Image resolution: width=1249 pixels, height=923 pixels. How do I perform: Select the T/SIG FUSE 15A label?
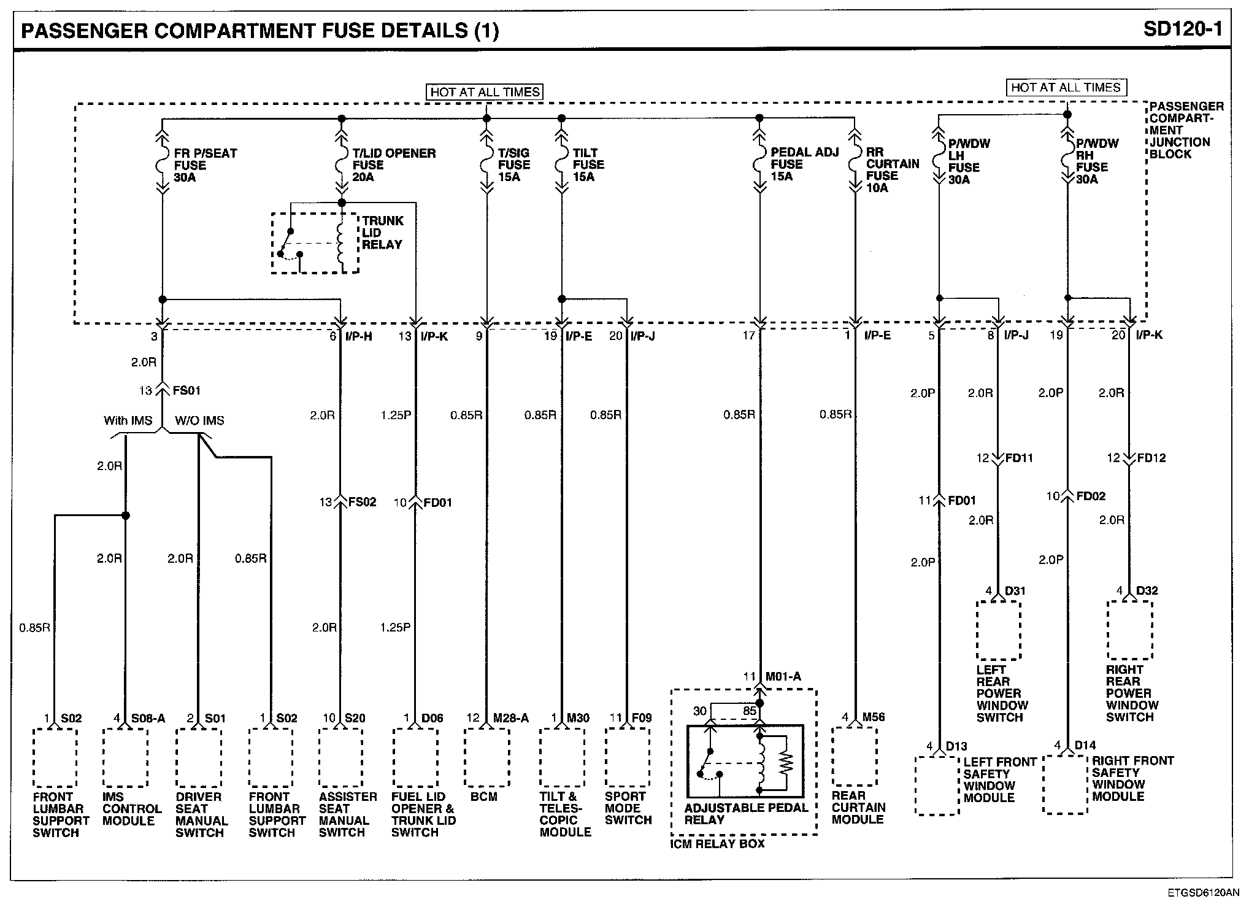(x=513, y=164)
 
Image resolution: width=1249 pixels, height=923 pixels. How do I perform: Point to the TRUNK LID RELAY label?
(x=382, y=233)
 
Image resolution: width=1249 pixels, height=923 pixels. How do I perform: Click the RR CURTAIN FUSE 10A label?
(x=892, y=170)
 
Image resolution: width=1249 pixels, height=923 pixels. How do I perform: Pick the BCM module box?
(x=487, y=757)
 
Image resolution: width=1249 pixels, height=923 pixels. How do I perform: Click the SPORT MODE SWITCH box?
(x=627, y=757)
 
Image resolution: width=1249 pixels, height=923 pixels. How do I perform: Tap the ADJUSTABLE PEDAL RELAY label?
(x=746, y=814)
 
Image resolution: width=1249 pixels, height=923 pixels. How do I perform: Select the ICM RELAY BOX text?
(x=717, y=844)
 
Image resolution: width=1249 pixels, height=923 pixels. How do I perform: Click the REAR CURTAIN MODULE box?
(x=854, y=756)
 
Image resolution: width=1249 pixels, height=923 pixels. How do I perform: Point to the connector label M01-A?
(x=783, y=677)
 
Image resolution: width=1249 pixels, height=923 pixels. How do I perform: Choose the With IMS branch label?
(x=128, y=420)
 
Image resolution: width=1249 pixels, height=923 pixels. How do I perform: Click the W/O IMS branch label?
(x=199, y=420)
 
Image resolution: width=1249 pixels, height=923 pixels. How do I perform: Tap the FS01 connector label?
(x=186, y=390)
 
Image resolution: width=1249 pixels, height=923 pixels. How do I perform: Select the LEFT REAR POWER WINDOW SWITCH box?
(x=999, y=630)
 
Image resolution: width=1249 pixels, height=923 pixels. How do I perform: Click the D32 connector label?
(x=1147, y=591)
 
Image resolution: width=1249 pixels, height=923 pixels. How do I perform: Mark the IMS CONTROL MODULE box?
(x=125, y=758)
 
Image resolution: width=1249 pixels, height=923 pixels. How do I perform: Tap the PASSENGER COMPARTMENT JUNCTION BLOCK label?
(x=1186, y=130)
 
